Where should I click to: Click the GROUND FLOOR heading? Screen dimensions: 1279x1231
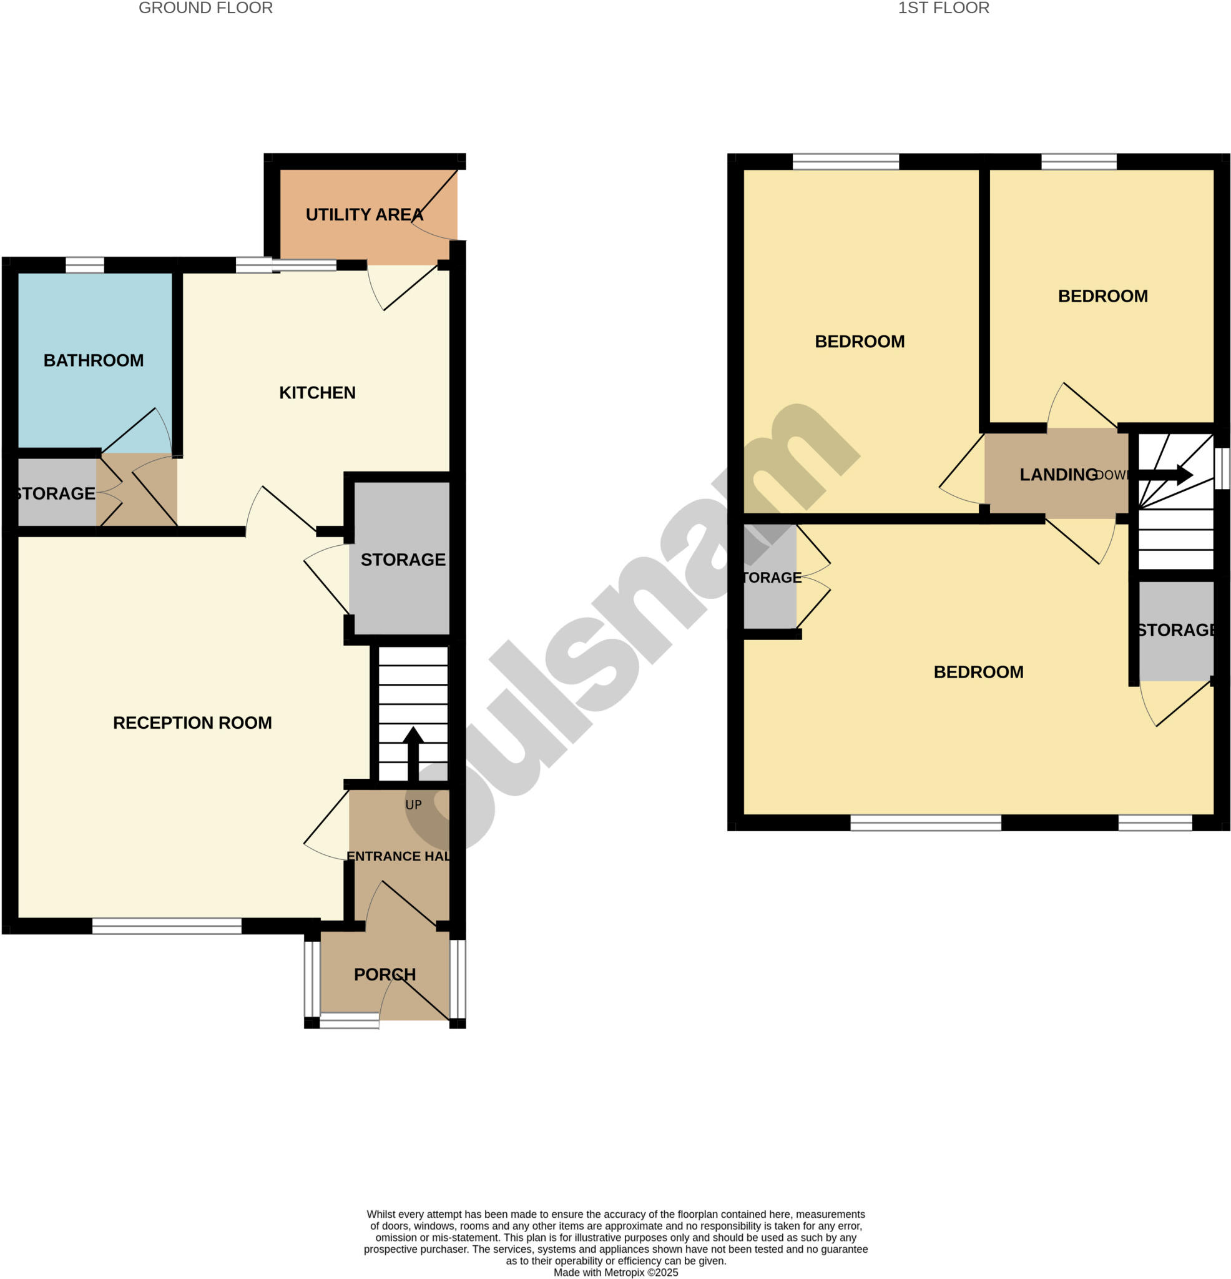pyautogui.click(x=205, y=9)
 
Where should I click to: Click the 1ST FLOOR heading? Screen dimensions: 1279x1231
pyautogui.click(x=943, y=9)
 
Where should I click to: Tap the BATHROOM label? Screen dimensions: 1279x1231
pyautogui.click(x=93, y=360)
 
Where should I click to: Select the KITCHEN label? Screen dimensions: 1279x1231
pyautogui.click(x=317, y=393)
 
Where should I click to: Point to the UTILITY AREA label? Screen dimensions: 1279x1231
pyautogui.click(x=364, y=215)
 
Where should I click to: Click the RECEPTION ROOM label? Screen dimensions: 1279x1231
pyautogui.click(x=192, y=723)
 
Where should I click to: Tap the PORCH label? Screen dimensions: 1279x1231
pyautogui.click(x=385, y=974)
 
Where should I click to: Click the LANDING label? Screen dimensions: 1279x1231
pyautogui.click(x=1058, y=475)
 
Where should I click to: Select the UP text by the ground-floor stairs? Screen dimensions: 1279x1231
pyautogui.click(x=413, y=805)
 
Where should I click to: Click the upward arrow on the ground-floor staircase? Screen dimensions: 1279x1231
pyautogui.click(x=413, y=751)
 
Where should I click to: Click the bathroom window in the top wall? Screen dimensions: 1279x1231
pyautogui.click(x=85, y=265)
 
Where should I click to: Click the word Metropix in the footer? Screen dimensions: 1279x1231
pyautogui.click(x=624, y=1272)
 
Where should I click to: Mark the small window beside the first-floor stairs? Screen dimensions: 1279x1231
pyautogui.click(x=1221, y=467)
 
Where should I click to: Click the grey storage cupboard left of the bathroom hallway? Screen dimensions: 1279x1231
pyautogui.click(x=56, y=493)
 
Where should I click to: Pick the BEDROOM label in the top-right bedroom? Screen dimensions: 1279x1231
pyautogui.click(x=1102, y=296)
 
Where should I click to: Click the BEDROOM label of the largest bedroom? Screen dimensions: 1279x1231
pyautogui.click(x=978, y=672)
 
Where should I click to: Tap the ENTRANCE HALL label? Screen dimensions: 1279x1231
pyautogui.click(x=398, y=857)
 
